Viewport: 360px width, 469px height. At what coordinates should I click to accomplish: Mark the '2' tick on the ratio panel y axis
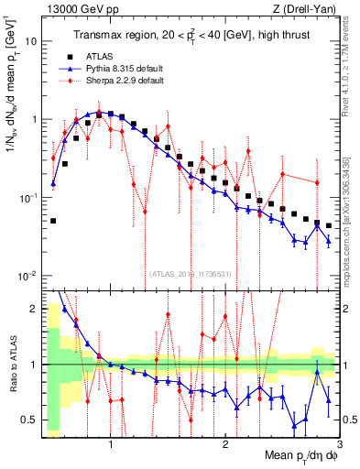33,309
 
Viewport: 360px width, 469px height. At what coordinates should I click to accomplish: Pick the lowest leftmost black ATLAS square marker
54,221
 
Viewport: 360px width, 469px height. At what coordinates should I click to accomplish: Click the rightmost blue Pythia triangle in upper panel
329,241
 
